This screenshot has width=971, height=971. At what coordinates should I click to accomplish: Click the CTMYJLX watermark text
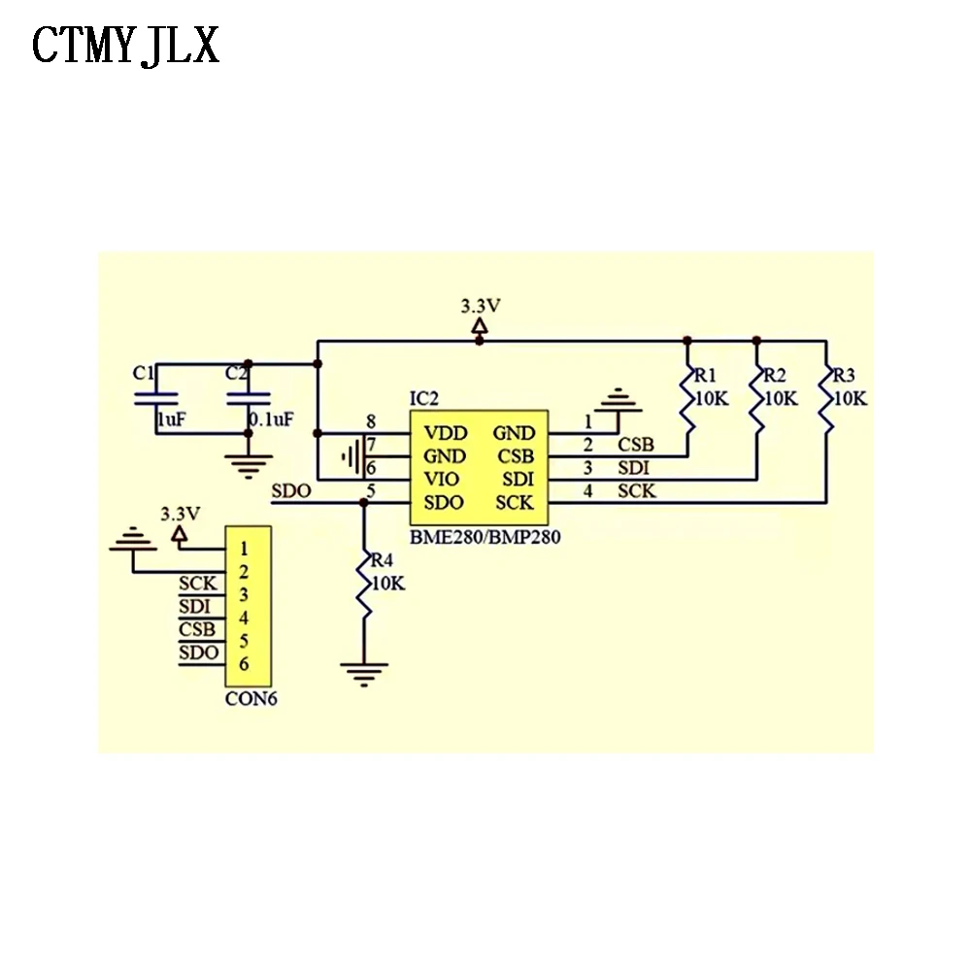[126, 46]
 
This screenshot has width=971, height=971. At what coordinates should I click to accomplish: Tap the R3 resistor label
[844, 376]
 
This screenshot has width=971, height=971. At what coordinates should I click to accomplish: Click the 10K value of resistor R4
[387, 584]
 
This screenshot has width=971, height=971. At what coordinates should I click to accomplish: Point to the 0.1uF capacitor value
[271, 419]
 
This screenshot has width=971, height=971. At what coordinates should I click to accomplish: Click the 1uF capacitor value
[173, 419]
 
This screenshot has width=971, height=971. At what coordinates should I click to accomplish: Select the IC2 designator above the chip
[425, 398]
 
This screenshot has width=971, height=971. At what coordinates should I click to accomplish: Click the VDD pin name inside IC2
[446, 433]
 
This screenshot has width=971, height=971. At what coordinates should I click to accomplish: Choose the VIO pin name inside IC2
[444, 480]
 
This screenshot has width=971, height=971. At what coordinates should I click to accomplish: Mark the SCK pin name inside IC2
[514, 503]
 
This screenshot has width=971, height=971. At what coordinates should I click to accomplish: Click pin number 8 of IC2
[370, 421]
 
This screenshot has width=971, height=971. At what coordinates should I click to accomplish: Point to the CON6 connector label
[251, 697]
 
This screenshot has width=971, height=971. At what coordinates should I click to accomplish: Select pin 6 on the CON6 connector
[244, 664]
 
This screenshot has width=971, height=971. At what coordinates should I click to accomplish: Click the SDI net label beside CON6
[195, 607]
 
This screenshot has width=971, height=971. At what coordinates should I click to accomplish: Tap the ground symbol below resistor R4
[364, 671]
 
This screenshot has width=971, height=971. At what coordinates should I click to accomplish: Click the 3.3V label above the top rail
[480, 306]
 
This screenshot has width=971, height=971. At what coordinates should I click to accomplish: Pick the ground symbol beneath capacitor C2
[250, 465]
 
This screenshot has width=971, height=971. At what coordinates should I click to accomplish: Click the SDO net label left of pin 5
[292, 491]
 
